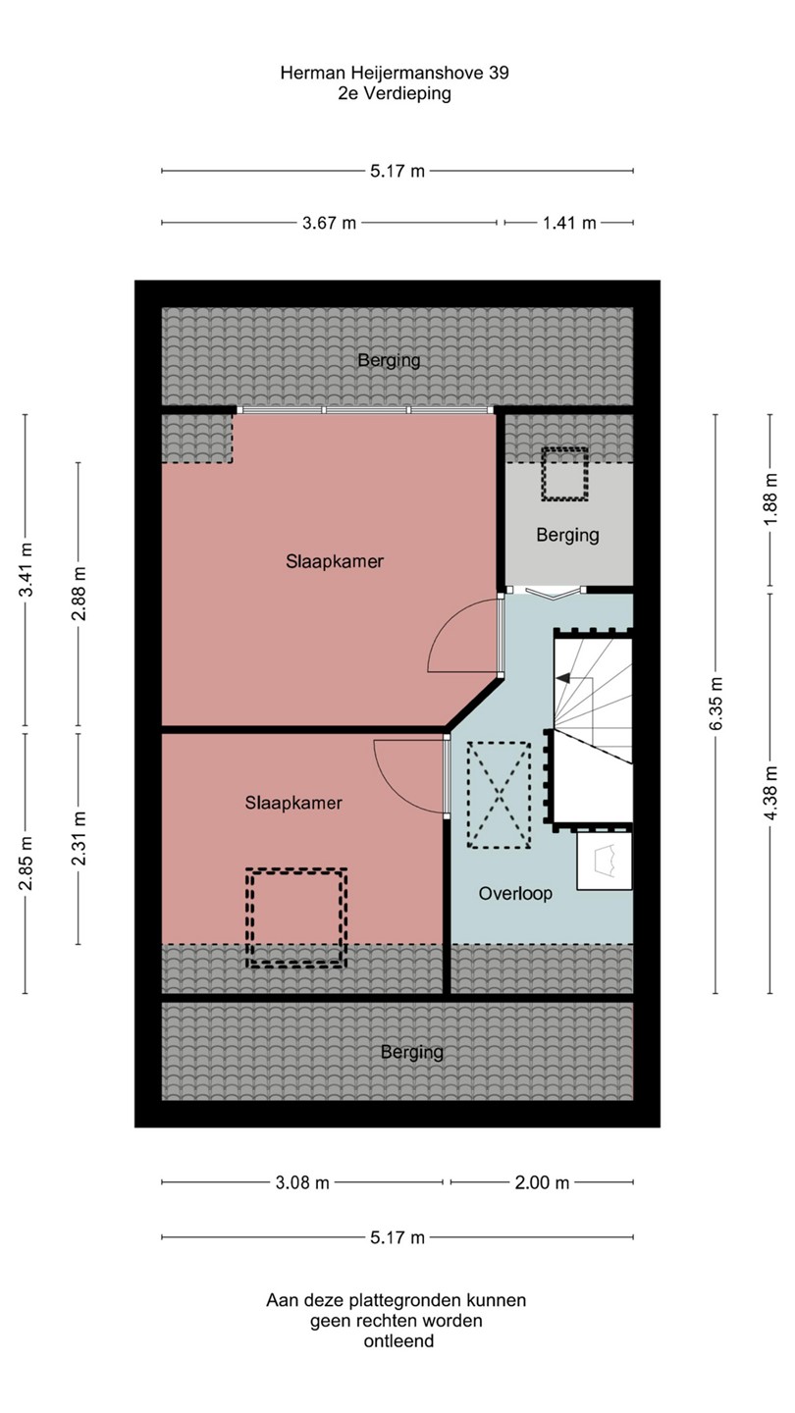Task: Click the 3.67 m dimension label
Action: pos(329,223)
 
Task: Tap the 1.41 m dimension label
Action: pos(569,223)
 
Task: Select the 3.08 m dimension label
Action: pos(302,1182)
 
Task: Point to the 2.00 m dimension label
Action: pos(542,1182)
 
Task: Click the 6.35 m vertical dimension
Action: pos(715,704)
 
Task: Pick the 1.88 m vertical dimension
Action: pos(769,498)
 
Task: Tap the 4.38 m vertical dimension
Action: pos(769,794)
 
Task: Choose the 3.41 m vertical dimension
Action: pos(26,569)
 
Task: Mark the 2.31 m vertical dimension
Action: pos(79,839)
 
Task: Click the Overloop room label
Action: pos(515,893)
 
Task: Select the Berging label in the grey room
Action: pos(568,536)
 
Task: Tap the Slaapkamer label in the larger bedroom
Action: pos(335,561)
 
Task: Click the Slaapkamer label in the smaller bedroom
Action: pos(293,803)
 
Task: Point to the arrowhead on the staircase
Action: pos(562,678)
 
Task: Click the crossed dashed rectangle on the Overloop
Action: pos(499,795)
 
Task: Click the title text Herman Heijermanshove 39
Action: pos(395,74)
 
